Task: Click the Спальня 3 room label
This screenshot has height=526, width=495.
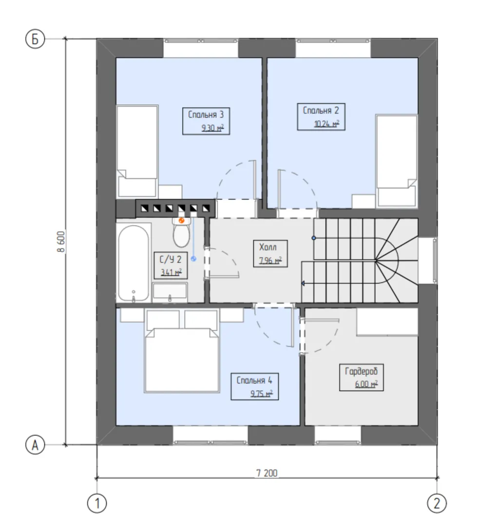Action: (x=206, y=115)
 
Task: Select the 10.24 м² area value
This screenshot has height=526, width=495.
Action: (x=326, y=124)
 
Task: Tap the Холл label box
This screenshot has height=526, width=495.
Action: (x=270, y=253)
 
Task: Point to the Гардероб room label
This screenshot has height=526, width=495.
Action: (x=362, y=371)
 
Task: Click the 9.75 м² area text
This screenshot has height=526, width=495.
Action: (x=262, y=393)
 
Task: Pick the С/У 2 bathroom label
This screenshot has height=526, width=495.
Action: (x=171, y=259)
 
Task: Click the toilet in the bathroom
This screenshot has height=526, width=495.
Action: (x=181, y=231)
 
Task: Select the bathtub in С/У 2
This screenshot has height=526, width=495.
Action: (x=133, y=263)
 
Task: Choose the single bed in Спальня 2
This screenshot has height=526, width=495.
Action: (x=397, y=161)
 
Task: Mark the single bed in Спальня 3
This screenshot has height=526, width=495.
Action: (x=137, y=151)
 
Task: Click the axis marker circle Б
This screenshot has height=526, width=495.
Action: (x=35, y=39)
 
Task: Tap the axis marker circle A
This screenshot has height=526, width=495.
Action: (x=35, y=445)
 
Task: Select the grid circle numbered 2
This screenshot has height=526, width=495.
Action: (x=437, y=503)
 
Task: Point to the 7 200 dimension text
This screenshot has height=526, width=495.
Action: (x=267, y=473)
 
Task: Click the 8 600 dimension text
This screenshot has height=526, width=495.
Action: (x=61, y=242)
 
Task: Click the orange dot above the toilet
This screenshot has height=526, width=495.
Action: (x=182, y=221)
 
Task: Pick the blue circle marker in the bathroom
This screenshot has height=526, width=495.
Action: (x=193, y=259)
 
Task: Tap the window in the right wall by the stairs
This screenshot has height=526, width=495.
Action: (x=435, y=261)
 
